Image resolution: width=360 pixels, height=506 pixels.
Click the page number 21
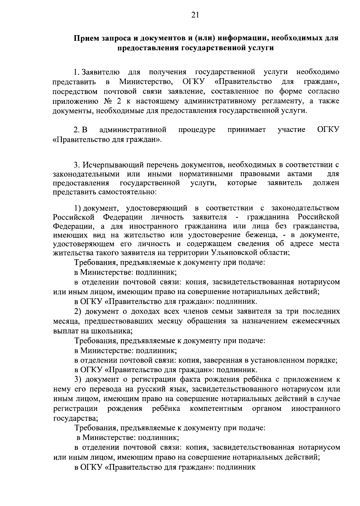point(195,15)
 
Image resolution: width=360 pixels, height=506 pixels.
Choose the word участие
point(291,130)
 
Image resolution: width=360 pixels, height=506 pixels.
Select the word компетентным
point(216,409)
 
